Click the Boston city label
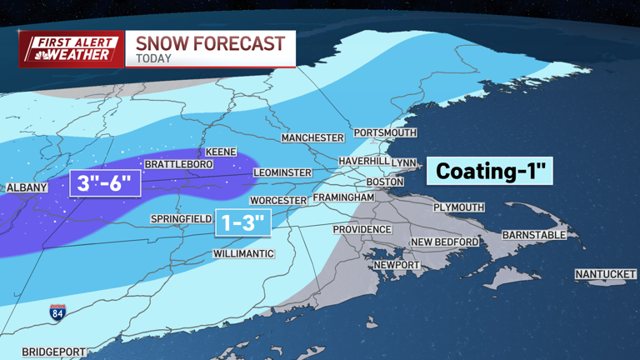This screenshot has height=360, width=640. (385, 182)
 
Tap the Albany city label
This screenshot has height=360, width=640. (27, 188)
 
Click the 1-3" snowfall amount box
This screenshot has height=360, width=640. (244, 222)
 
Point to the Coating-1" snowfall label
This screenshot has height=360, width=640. (490, 172)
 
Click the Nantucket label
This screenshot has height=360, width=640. (605, 274)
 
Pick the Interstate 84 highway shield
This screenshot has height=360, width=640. (57, 312)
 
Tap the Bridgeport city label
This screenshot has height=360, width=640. (53, 352)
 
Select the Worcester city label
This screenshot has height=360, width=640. (278, 201)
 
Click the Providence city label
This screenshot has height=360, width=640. (362, 229)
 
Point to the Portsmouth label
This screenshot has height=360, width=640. (384, 132)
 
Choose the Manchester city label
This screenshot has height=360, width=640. (312, 137)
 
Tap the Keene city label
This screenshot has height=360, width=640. (220, 152)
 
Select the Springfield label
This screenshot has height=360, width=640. (181, 219)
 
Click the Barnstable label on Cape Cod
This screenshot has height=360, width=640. (534, 236)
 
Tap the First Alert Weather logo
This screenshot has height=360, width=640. (70, 49)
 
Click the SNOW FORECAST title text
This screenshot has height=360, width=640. (210, 43)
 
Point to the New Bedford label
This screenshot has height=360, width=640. (445, 242)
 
